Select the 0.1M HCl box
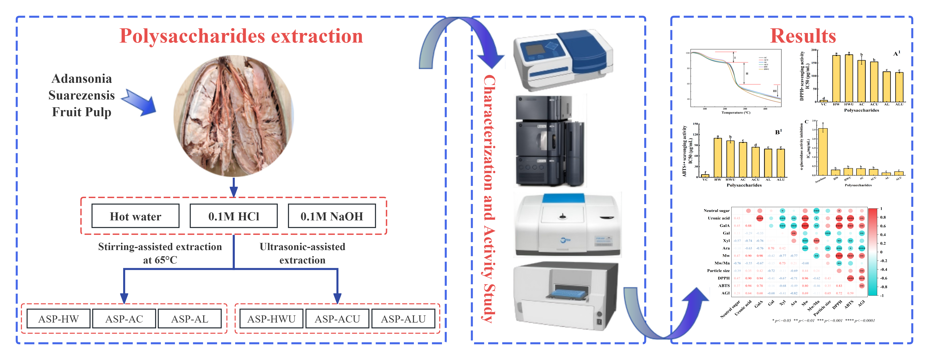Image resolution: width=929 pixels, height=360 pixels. coord(234,216)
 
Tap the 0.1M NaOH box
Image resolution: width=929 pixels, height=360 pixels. coord(332,216)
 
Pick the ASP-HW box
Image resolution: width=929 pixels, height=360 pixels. coord(58,319)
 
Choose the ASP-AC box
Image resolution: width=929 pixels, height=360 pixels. coord(124,319)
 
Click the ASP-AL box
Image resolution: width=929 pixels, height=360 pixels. coord(190,319)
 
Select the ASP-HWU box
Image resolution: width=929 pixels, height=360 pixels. coord(271,319)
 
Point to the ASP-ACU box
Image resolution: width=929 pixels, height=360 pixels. coord(337,319)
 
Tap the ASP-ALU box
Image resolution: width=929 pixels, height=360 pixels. coord(403,319)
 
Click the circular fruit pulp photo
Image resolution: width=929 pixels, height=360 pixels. coord(234,116)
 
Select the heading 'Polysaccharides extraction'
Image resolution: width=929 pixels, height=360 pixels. coord(241,36)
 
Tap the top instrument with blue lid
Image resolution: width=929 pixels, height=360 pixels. coord(563,60)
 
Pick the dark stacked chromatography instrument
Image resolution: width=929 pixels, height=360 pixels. coord(550,141)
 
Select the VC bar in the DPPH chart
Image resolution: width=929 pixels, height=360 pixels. coord(824,101)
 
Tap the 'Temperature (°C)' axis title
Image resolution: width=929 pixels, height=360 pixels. coord(736,113)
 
